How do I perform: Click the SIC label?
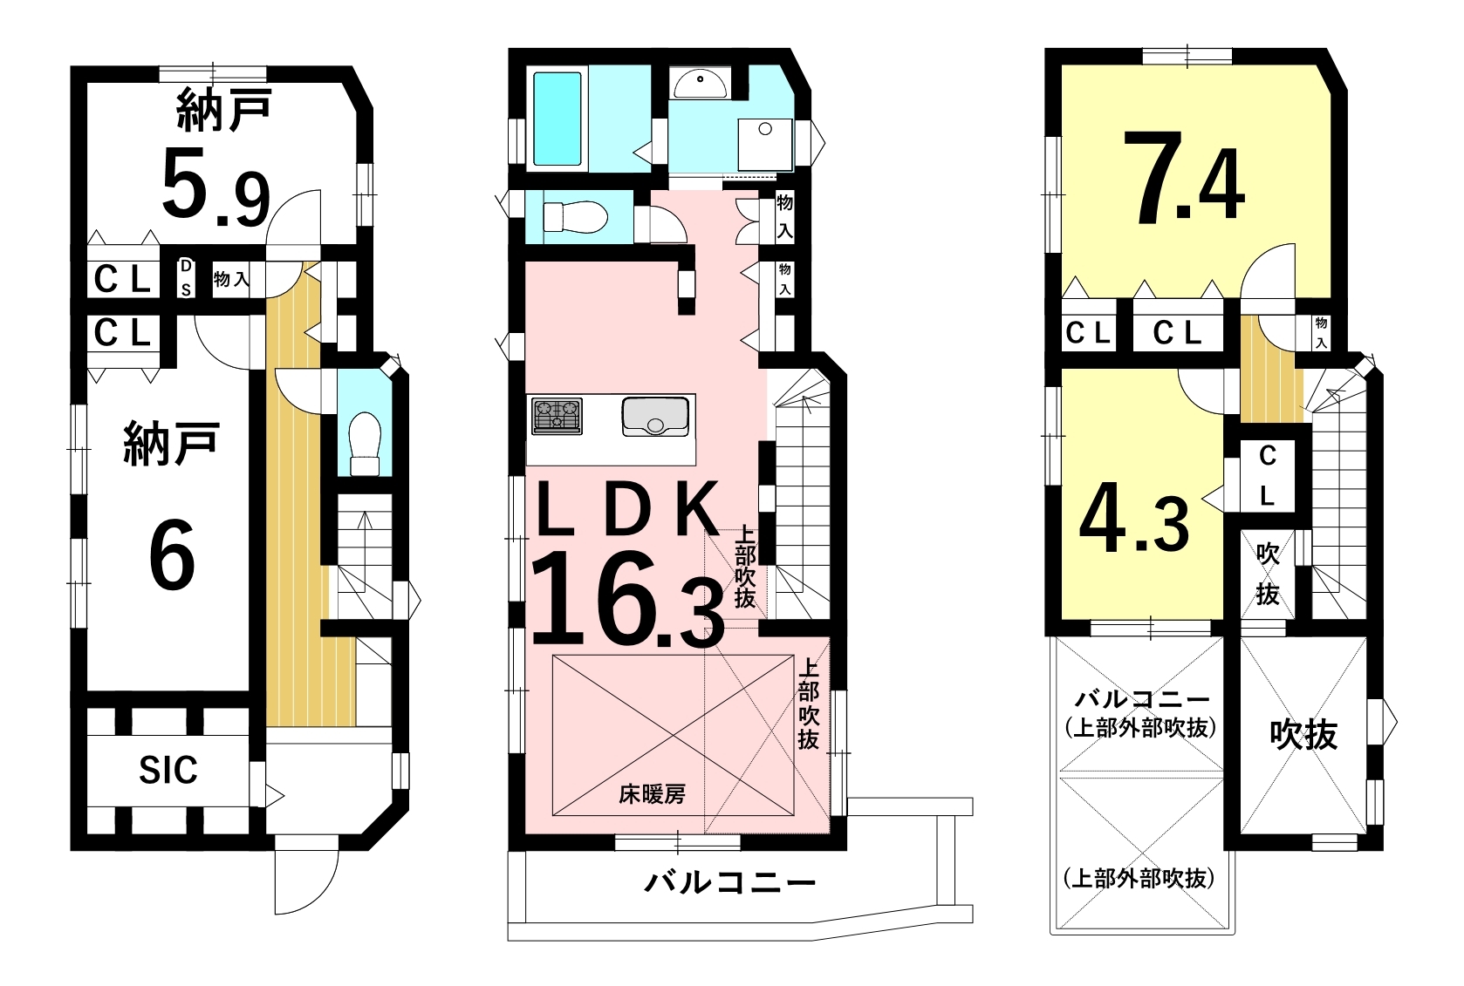click(x=168, y=771)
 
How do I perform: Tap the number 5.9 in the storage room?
click(x=215, y=187)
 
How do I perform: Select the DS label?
click(x=186, y=277)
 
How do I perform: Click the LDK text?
click(x=626, y=508)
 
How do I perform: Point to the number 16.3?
click(x=628, y=600)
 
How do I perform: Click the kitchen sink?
click(x=655, y=417)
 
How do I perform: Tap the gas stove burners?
click(x=557, y=416)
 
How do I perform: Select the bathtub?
click(x=557, y=119)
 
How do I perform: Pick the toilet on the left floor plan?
click(x=366, y=444)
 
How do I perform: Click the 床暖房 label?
click(x=653, y=795)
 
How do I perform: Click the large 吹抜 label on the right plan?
click(x=1303, y=735)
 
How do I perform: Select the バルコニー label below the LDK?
click(x=730, y=883)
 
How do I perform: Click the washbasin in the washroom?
click(x=700, y=85)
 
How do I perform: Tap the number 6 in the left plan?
click(x=172, y=554)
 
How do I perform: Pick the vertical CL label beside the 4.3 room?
click(x=1268, y=475)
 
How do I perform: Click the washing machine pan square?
click(x=764, y=145)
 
